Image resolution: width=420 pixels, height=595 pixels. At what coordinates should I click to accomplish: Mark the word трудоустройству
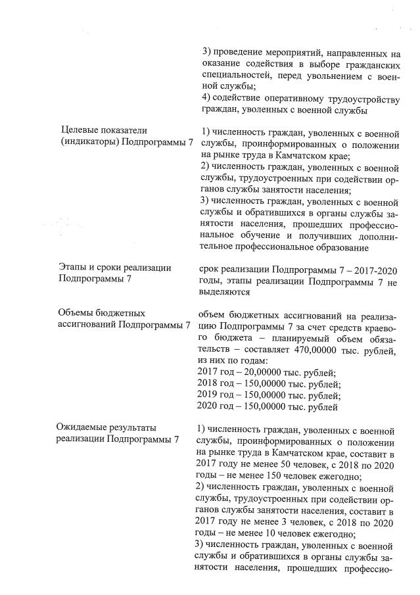(x=359, y=98)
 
